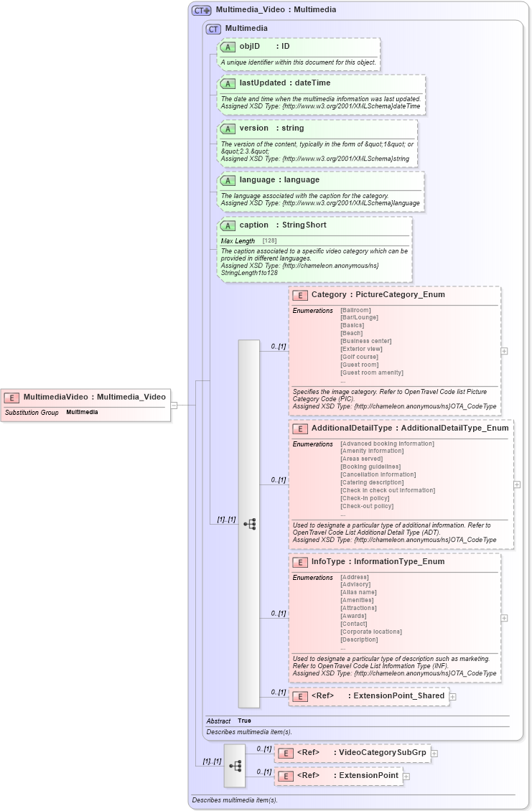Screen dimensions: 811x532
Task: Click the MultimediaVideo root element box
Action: click(x=86, y=397)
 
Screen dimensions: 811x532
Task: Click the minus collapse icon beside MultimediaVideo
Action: click(x=174, y=405)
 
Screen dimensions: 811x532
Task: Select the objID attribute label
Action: click(x=249, y=46)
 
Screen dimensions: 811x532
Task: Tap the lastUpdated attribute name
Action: click(x=262, y=83)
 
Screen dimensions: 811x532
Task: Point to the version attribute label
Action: click(x=253, y=128)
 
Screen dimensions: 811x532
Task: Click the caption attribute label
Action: click(x=253, y=225)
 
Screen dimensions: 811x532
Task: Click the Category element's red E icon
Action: click(x=300, y=295)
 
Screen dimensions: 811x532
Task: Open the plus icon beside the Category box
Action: click(x=505, y=351)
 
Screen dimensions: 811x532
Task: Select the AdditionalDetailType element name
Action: click(x=352, y=428)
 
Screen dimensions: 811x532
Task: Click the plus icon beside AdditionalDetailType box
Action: click(x=517, y=484)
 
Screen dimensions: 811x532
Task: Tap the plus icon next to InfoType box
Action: click(x=505, y=617)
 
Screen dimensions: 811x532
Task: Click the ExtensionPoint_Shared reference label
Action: click(x=396, y=695)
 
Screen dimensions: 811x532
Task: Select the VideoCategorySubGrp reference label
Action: click(x=383, y=752)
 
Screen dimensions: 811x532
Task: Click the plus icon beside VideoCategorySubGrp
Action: click(x=434, y=753)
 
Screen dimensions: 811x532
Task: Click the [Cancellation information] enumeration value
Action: click(x=378, y=474)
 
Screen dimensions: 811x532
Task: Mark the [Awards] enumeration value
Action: click(x=353, y=616)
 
